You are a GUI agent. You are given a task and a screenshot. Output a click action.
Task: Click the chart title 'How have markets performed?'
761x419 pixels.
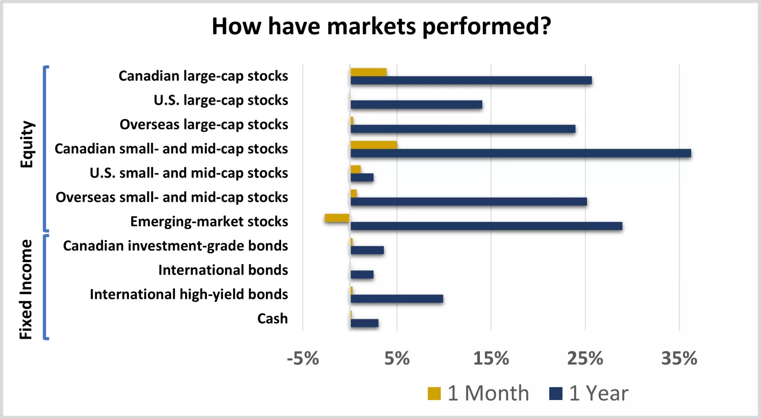coord(381,26)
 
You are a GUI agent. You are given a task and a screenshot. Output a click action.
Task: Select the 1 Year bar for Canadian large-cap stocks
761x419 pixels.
coord(471,80)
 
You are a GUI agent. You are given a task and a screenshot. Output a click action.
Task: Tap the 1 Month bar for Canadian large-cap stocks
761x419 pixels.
coord(369,72)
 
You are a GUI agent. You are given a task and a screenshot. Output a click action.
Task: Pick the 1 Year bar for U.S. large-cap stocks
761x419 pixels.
coord(416,105)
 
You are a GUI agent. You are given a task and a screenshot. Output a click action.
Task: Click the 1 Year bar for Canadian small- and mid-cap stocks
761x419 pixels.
coord(521,153)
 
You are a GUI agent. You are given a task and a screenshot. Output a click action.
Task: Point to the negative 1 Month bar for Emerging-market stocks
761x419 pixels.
coord(337,218)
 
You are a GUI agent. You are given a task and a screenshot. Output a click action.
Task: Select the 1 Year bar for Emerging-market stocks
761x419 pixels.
coord(486,226)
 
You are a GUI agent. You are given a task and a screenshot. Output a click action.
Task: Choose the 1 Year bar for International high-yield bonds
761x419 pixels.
coord(397,299)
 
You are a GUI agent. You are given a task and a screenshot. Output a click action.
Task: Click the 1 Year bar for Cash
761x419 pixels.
coord(364,323)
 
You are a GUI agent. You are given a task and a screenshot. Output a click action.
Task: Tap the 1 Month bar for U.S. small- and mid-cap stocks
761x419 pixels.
coord(356,169)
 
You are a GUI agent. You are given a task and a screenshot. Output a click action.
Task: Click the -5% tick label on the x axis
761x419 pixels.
coord(303,358)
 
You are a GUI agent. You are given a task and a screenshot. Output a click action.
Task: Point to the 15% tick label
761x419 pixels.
coord(491,358)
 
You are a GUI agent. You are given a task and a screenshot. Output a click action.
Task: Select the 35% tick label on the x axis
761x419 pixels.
coord(679,358)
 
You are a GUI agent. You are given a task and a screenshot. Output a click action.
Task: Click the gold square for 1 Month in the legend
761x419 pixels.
coord(434,394)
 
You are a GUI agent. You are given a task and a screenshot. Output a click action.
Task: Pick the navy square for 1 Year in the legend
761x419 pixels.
coord(556,394)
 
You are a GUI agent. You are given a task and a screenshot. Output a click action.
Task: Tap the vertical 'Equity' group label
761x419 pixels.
coord(27,144)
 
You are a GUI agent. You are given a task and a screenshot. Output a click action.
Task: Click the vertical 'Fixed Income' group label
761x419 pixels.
coord(26,289)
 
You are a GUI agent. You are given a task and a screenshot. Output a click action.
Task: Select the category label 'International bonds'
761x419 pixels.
coord(223,270)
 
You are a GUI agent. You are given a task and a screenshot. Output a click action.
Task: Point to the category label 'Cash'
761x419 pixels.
coord(273,318)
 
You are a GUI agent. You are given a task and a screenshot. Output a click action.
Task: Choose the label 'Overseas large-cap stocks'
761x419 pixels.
coord(204,124)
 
